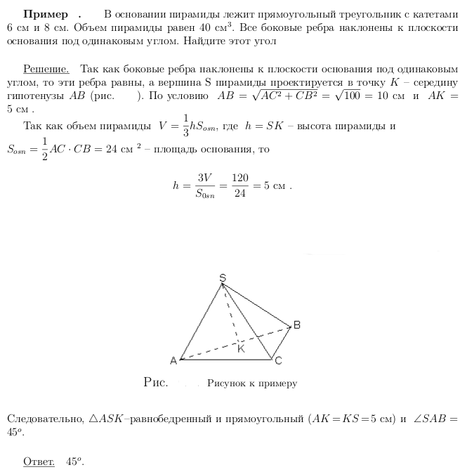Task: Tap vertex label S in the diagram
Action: [223, 278]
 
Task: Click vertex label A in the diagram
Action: [173, 360]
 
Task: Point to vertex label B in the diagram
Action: [296, 324]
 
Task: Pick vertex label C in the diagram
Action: [278, 361]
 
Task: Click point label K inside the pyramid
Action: [241, 349]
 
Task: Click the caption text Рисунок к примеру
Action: [252, 383]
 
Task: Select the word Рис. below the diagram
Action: [155, 383]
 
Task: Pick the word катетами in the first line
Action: [435, 15]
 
